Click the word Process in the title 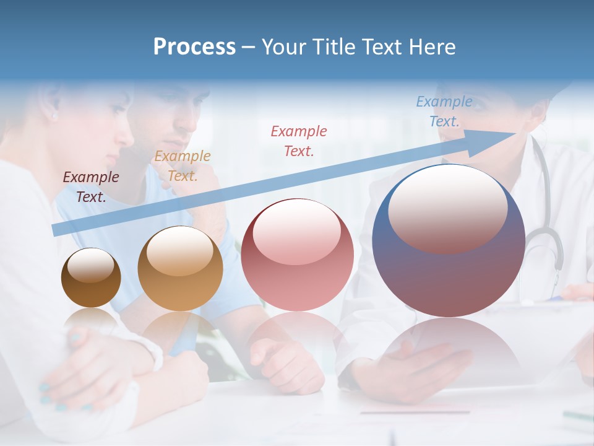194,46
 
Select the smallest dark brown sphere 91,278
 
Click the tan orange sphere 180,268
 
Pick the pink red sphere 297,255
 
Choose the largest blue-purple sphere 449,240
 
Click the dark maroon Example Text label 91,186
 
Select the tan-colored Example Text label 182,165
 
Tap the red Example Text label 299,141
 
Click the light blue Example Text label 444,111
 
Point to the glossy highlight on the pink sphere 296,232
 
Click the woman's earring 54,115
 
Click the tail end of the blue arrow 56,230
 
